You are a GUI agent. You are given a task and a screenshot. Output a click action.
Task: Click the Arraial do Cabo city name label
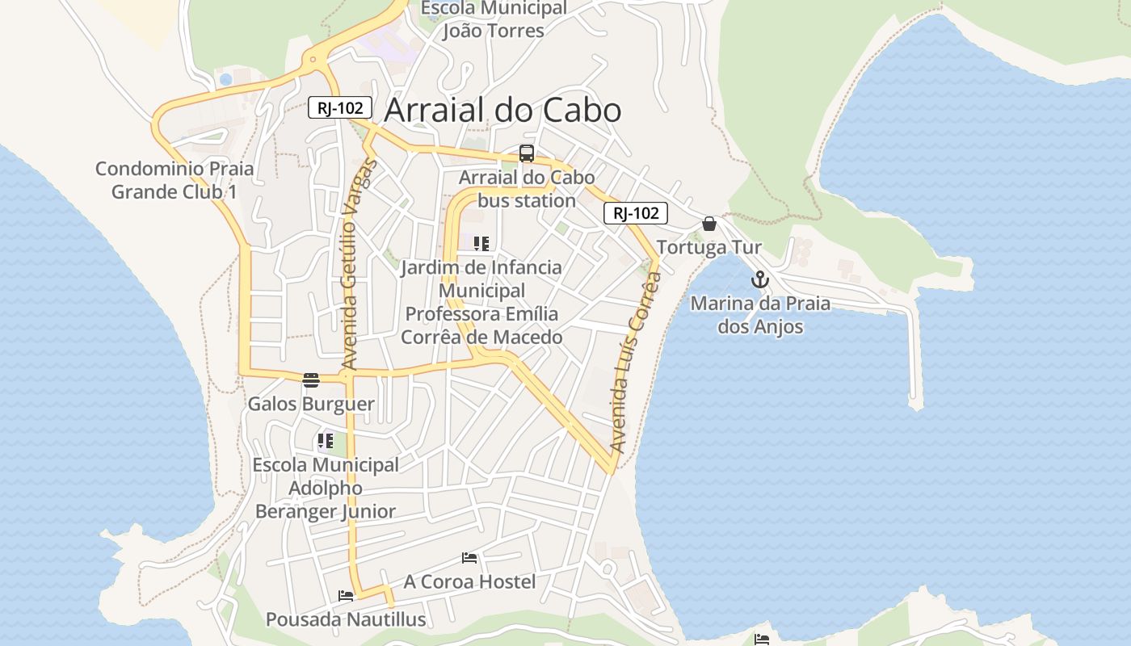(x=502, y=111)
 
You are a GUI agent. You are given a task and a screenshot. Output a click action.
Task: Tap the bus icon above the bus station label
(x=527, y=153)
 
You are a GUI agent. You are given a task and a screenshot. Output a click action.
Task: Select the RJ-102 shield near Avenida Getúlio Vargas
(x=340, y=107)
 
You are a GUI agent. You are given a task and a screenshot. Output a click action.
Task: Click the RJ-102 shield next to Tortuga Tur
(x=636, y=213)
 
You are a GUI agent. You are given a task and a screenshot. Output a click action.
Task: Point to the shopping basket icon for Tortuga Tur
(x=709, y=224)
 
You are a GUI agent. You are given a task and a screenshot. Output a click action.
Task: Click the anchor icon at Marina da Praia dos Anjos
(x=759, y=280)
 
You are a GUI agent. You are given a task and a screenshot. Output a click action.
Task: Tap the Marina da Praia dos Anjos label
(x=760, y=315)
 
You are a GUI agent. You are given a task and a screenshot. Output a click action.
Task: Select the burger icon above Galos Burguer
(x=311, y=380)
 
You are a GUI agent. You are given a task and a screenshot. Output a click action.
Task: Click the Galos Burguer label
(x=311, y=404)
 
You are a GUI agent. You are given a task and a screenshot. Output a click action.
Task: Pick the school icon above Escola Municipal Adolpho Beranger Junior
(x=325, y=441)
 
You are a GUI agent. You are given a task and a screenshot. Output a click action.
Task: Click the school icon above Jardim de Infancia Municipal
(x=481, y=243)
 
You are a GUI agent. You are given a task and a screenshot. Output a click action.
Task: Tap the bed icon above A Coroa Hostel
(x=469, y=558)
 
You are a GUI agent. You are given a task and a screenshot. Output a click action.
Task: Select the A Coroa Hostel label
(x=469, y=581)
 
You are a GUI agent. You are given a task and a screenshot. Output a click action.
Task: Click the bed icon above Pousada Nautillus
(x=346, y=596)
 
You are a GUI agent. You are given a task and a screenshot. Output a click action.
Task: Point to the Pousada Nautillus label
(x=346, y=619)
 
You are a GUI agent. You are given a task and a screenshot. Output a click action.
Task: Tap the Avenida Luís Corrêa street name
(x=635, y=362)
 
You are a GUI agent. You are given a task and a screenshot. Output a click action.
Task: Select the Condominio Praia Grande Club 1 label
(x=174, y=180)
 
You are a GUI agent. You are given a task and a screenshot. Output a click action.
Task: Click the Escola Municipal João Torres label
(x=494, y=19)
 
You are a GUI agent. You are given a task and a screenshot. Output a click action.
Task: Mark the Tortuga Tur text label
(x=708, y=247)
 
